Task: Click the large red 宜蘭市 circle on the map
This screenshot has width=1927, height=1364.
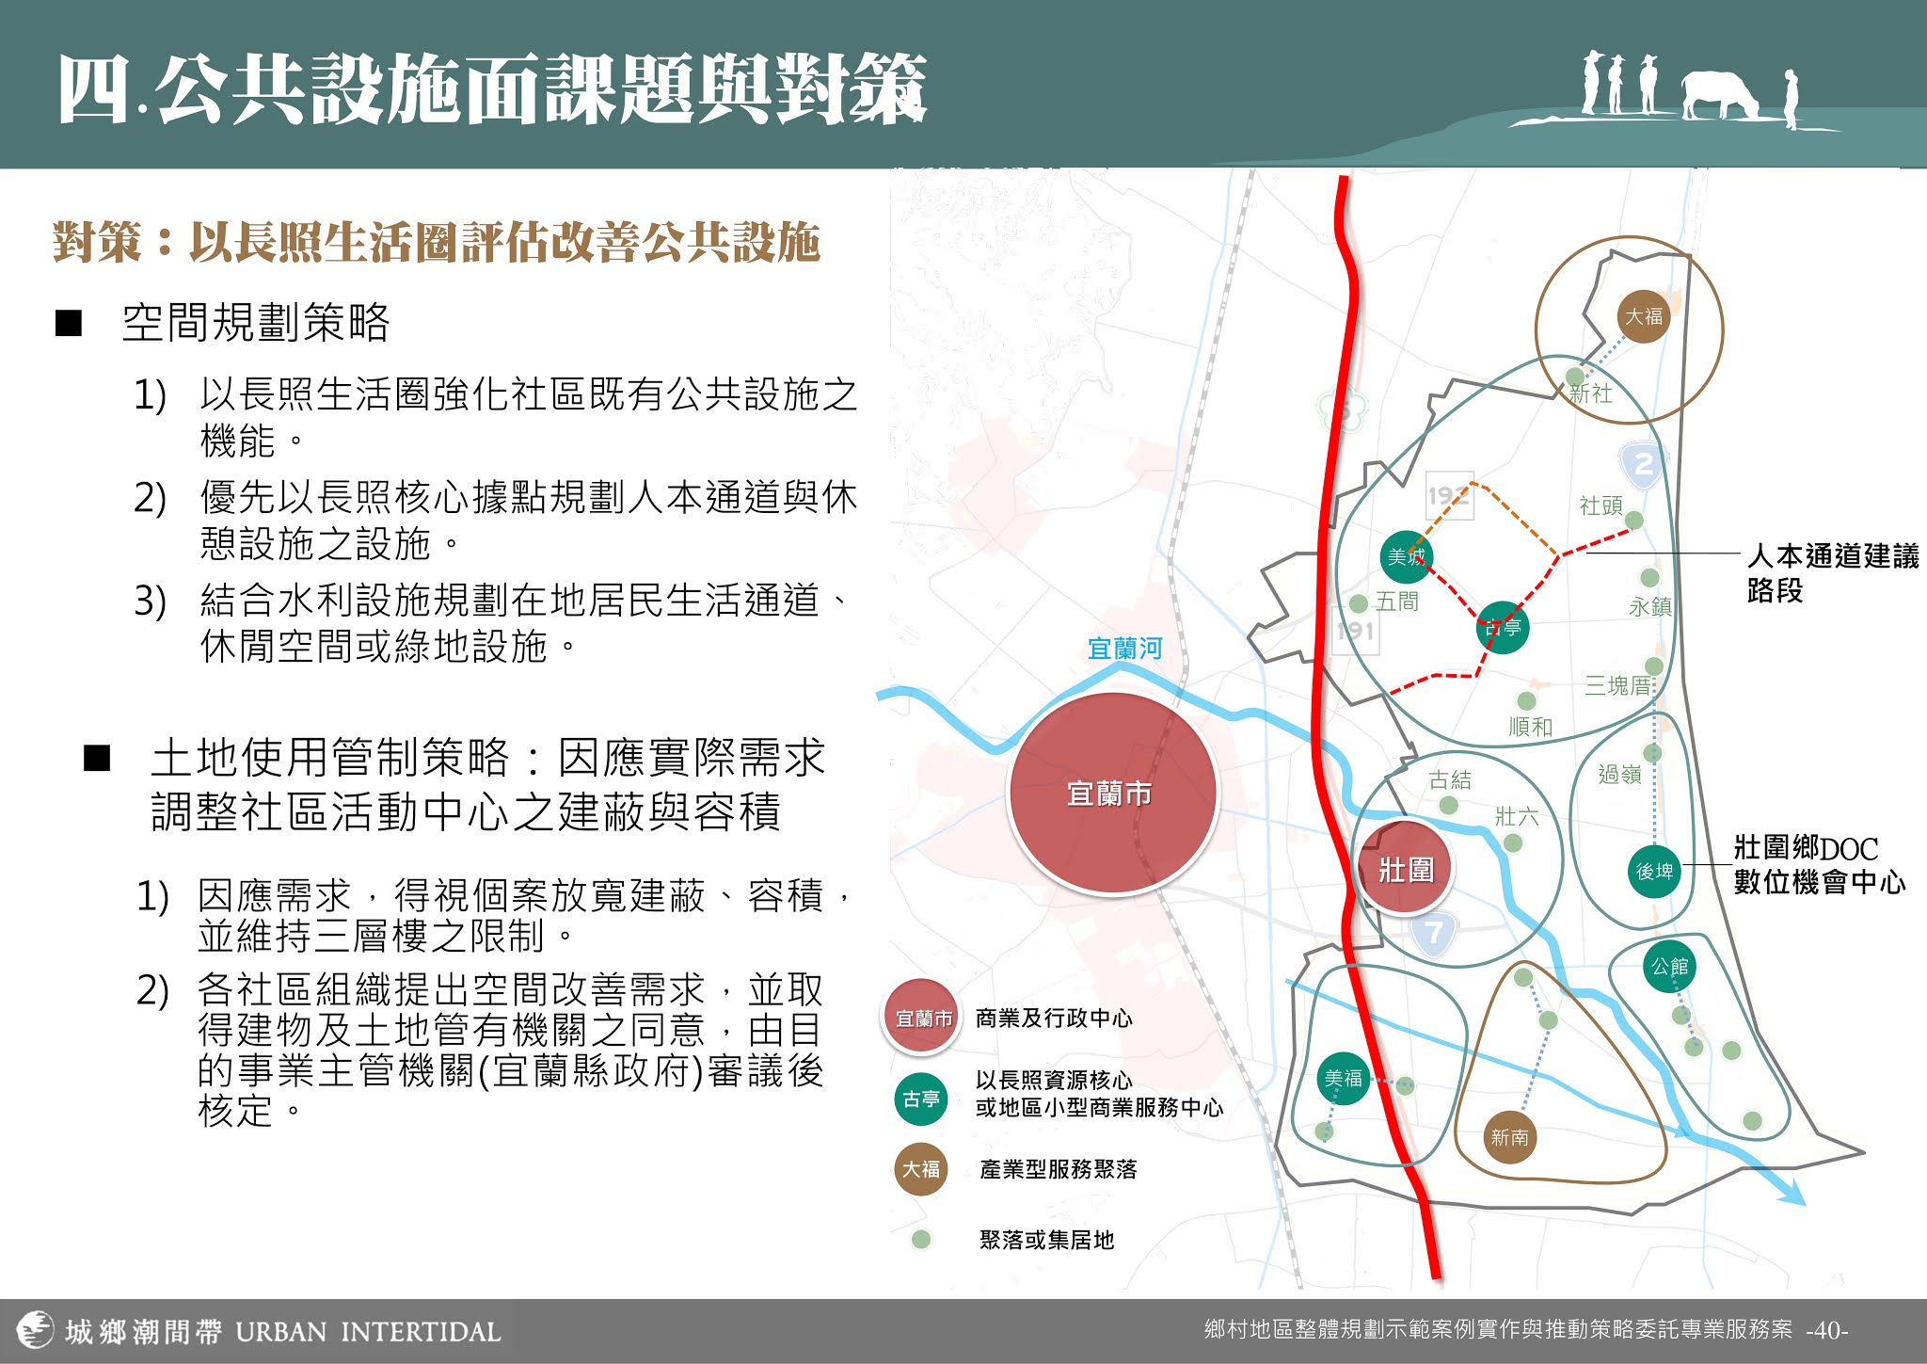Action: [1111, 794]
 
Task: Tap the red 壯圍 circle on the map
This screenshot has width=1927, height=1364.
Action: [1406, 869]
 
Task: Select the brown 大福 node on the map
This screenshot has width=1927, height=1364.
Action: [1644, 316]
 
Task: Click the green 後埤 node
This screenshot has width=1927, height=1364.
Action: [1654, 871]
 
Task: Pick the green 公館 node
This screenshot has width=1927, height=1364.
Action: [1669, 967]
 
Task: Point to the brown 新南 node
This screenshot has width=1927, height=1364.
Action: [1509, 1137]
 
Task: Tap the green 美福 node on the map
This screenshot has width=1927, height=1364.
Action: [1343, 1079]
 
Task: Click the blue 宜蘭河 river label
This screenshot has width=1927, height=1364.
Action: [1124, 649]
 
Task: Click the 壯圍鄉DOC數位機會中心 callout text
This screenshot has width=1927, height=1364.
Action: [1818, 865]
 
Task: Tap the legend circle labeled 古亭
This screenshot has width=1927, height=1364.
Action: [921, 1099]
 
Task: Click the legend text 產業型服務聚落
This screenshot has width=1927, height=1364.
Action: [1058, 1169]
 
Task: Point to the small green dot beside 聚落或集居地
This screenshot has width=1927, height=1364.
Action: [921, 1240]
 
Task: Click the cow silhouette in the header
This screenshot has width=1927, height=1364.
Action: [1719, 95]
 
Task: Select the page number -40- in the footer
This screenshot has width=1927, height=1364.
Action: [1826, 1330]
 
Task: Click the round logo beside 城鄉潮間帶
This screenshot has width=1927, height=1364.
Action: [36, 1330]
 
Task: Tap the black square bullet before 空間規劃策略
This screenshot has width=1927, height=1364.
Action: [69, 323]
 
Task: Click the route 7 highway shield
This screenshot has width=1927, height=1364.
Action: [1433, 933]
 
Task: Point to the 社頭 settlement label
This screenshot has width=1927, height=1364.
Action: [1601, 505]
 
